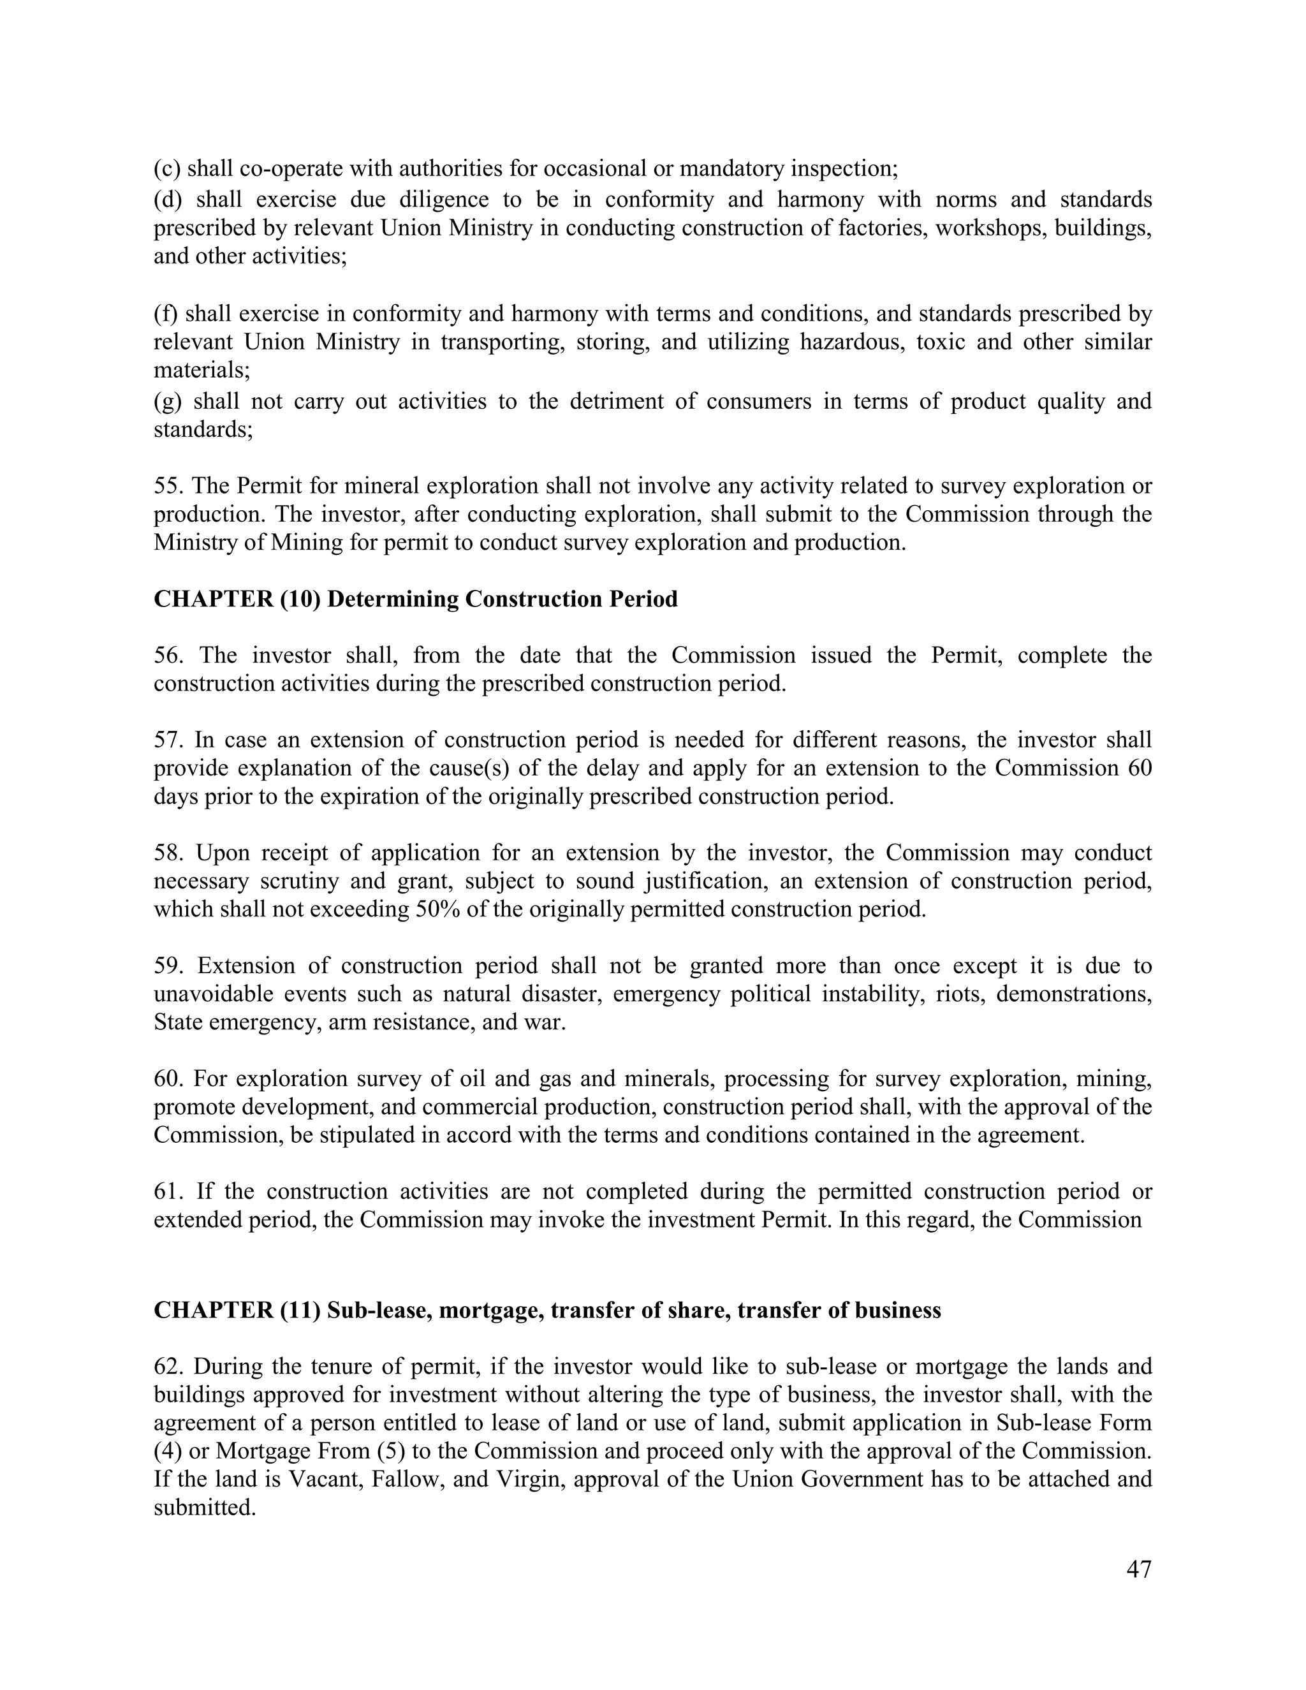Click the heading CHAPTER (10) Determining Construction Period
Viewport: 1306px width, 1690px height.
tap(416, 599)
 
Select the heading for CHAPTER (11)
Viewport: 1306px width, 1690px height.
tap(547, 1310)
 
